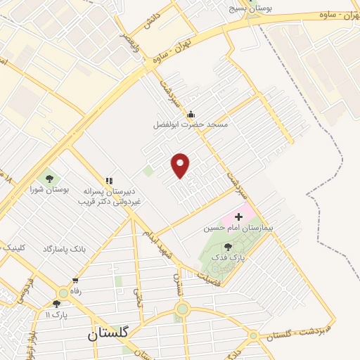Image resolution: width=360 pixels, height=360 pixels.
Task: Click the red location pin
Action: pyautogui.click(x=181, y=165)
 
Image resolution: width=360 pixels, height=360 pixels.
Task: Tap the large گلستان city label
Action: pyautogui.click(x=108, y=335)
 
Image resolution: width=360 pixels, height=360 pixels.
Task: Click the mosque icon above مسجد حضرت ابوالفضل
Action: pyautogui.click(x=190, y=114)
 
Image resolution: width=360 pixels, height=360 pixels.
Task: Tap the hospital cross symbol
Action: pyautogui.click(x=238, y=216)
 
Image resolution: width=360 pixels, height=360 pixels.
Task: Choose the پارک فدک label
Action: pyautogui.click(x=228, y=258)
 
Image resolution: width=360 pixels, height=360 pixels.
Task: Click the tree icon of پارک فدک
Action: pyautogui.click(x=228, y=247)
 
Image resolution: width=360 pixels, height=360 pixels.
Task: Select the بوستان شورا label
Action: pyautogui.click(x=49, y=189)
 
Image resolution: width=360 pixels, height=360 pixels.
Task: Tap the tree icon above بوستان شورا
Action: pyautogui.click(x=49, y=178)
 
